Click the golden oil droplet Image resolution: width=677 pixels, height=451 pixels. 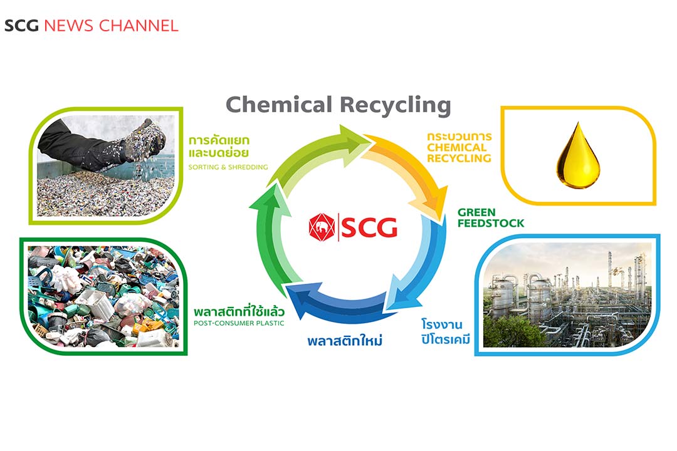click(578, 157)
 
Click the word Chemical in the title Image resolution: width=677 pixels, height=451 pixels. click(278, 104)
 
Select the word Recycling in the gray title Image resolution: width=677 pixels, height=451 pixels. click(395, 105)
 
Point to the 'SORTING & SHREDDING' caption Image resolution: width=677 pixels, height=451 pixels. click(228, 167)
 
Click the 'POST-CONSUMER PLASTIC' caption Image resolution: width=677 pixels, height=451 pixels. click(239, 323)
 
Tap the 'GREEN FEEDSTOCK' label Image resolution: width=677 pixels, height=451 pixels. click(490, 217)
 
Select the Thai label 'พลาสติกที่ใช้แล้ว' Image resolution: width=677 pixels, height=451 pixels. click(240, 311)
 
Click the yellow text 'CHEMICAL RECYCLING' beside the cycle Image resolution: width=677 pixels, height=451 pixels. click(459, 153)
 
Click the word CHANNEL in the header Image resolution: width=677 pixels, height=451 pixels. click(139, 26)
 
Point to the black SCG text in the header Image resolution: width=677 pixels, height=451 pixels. click(22, 26)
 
